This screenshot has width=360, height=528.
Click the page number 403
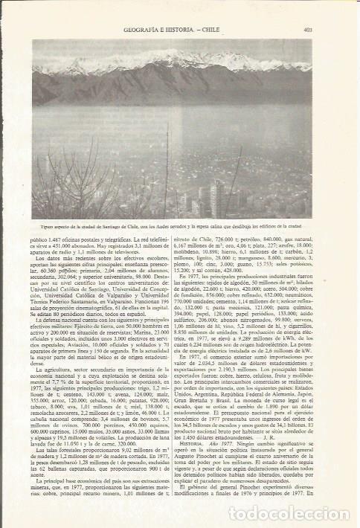coord(307,30)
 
